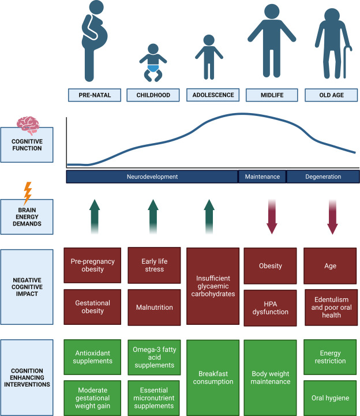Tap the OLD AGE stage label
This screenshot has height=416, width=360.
coord(328,95)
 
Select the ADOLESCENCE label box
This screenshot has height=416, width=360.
coord(211,95)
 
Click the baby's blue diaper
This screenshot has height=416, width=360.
coord(153,69)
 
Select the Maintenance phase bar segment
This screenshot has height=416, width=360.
coord(262,177)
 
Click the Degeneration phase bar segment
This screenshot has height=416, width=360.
coord(323,177)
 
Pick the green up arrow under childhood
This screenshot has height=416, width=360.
coord(152,216)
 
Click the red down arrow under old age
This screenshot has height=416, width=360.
coord(332,216)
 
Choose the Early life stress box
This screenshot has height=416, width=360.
coord(153,265)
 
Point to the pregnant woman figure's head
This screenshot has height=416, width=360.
coord(93,13)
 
